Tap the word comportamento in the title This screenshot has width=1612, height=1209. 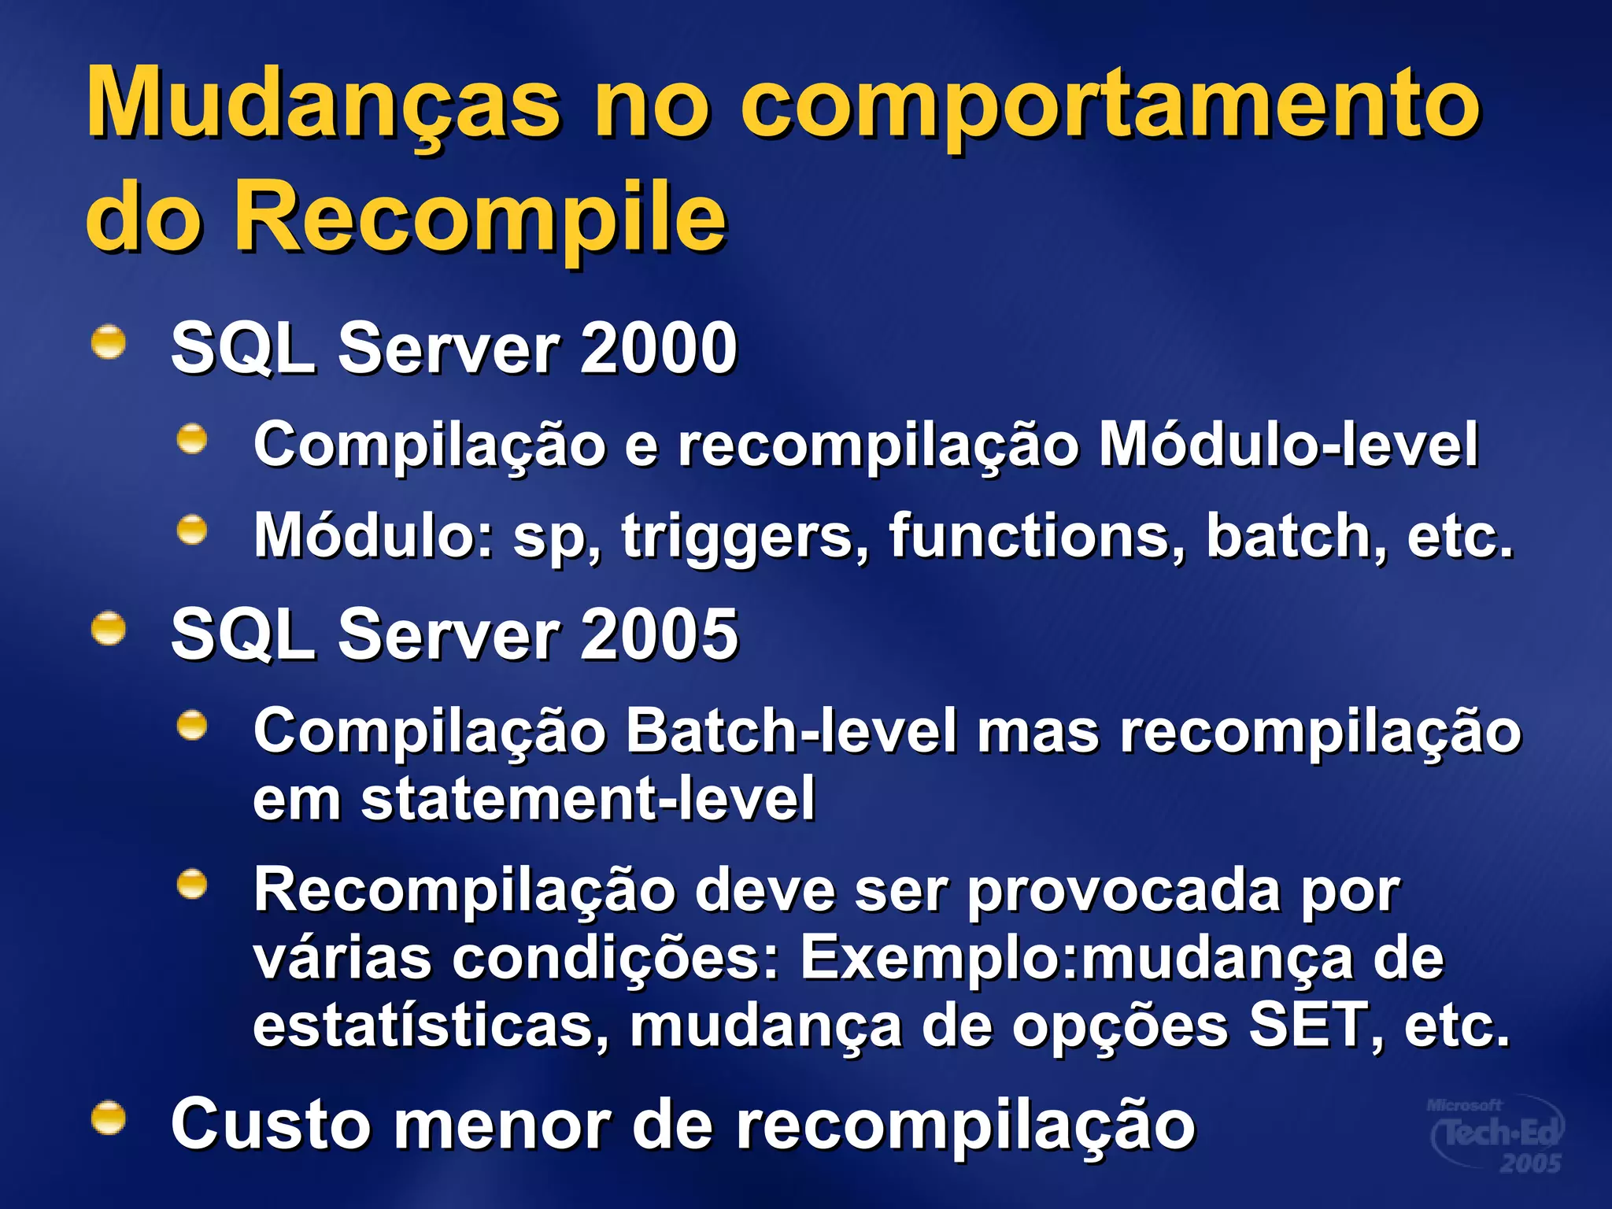click(x=1110, y=106)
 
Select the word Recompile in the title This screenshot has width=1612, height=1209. click(x=480, y=216)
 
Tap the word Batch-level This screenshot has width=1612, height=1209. click(x=791, y=731)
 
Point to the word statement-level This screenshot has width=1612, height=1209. click(x=587, y=799)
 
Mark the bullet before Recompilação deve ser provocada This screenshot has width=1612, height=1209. click(x=192, y=885)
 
